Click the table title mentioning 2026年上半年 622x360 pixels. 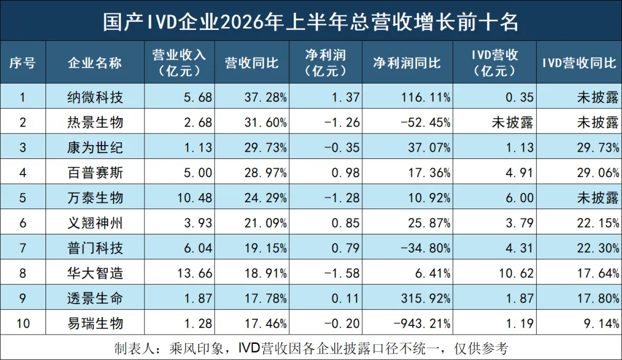click(310, 21)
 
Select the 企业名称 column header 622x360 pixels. click(95, 63)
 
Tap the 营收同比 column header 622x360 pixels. click(252, 63)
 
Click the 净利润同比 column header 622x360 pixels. click(407, 63)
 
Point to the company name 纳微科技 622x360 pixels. click(95, 97)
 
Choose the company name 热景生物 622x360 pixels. click(95, 122)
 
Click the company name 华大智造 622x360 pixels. click(95, 273)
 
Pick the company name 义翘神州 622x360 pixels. click(95, 223)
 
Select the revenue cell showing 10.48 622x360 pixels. click(195, 198)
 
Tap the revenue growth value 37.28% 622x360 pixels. click(266, 97)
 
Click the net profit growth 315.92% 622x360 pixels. click(426, 298)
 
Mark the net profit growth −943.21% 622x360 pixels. click(422, 324)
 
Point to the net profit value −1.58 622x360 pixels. click(342, 273)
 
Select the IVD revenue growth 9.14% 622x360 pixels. click(601, 324)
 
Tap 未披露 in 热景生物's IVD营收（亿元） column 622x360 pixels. click(513, 122)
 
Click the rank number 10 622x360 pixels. click(23, 324)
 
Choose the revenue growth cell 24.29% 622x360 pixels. click(266, 198)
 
